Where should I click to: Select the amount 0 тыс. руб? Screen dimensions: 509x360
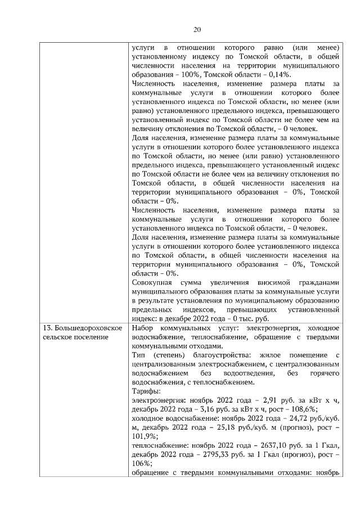269,318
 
